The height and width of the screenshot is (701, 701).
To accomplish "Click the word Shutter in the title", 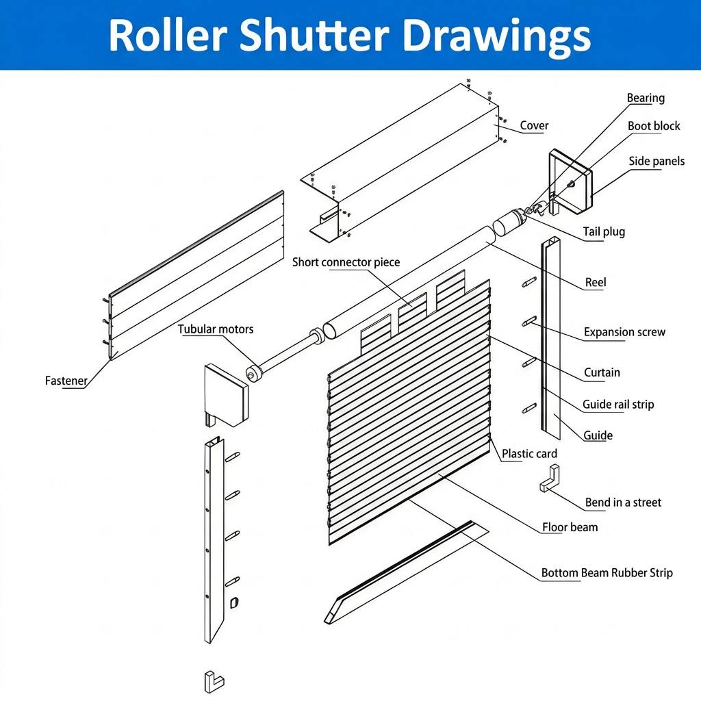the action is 314,35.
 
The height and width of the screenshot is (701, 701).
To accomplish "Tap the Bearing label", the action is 645,99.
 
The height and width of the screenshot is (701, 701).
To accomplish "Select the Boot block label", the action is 654,126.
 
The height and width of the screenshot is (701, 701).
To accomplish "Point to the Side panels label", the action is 657,162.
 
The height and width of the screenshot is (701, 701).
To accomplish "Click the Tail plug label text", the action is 604,232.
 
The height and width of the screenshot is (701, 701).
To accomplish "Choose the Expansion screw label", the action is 624,332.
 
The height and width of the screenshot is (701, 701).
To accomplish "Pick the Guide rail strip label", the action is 618,405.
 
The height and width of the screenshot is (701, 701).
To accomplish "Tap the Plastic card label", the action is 529,454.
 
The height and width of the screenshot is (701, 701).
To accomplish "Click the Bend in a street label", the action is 623,502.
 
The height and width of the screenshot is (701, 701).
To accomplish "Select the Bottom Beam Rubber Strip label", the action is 607,573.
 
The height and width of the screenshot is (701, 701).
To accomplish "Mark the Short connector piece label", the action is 346,262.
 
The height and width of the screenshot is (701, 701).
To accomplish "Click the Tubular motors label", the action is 216,329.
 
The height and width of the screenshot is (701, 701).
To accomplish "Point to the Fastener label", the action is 66,381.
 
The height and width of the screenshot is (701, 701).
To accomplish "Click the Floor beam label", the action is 570,528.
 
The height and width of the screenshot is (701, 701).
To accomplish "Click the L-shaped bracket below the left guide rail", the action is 214,682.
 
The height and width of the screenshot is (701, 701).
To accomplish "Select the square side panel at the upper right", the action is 570,181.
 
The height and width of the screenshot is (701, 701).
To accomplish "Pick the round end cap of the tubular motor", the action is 254,374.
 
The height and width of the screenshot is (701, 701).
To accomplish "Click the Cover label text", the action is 534,126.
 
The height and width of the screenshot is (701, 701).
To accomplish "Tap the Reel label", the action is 596,283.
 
